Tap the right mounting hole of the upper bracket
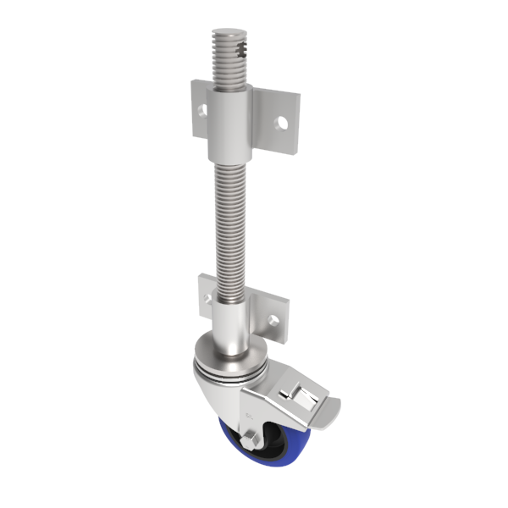pyautogui.click(x=282, y=124)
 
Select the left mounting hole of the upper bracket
pyautogui.click(x=202, y=110)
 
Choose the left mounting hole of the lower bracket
pyautogui.click(x=207, y=295)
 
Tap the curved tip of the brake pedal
pyautogui.click(x=332, y=414)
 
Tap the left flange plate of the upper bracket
pyautogui.click(x=200, y=107)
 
